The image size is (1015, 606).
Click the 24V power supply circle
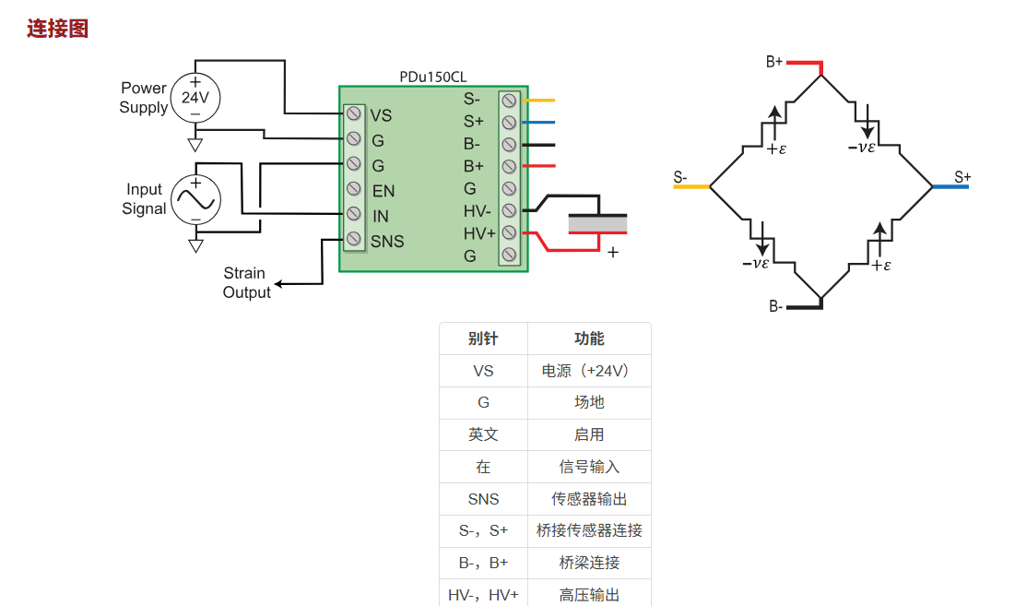coord(195,97)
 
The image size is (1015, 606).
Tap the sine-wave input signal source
coord(195,199)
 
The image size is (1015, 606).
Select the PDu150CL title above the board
coord(433,77)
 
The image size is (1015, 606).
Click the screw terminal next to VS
coord(353,113)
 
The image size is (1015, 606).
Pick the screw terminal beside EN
coord(353,189)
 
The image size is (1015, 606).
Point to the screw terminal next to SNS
coord(353,240)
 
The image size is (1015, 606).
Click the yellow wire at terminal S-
coord(539,100)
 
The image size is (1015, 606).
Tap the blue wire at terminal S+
coord(539,122)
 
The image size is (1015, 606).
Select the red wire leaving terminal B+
coord(539,166)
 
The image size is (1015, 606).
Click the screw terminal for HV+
coord(508,233)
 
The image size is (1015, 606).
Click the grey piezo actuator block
coord(597,224)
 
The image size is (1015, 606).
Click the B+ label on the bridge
coord(774,62)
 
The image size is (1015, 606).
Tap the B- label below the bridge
coord(776,306)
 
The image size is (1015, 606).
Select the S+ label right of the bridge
coord(962,177)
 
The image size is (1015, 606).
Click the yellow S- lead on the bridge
coord(691,187)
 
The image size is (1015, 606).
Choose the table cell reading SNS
coord(483,499)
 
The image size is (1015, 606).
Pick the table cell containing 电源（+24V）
coord(589,371)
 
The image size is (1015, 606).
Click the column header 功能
coord(589,339)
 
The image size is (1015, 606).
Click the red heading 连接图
coord(57,29)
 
